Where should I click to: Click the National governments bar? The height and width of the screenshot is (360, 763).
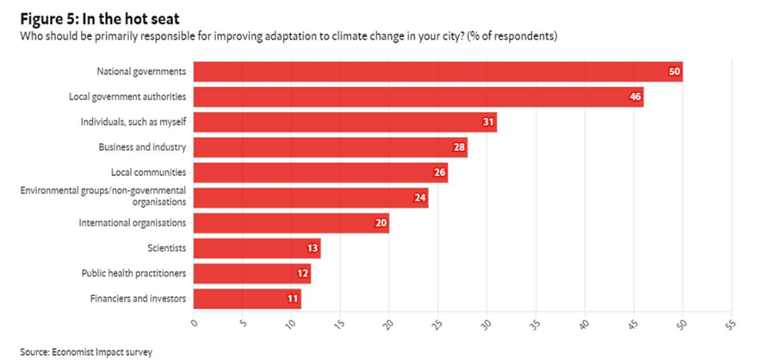(437, 71)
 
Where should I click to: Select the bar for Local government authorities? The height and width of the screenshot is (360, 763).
(419, 96)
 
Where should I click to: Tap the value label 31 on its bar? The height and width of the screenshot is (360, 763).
(488, 122)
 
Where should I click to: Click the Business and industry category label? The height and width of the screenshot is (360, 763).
(142, 147)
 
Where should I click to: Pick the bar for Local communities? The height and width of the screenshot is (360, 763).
(320, 172)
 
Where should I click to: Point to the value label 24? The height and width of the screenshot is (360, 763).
(419, 198)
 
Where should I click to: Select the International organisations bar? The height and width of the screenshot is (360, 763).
(291, 223)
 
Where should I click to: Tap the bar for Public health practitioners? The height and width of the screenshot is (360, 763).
(252, 274)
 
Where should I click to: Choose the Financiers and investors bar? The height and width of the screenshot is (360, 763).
(247, 299)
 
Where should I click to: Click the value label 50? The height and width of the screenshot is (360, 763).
(674, 71)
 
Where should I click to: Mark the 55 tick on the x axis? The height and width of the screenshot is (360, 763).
(730, 325)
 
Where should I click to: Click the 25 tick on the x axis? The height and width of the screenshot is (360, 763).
(437, 325)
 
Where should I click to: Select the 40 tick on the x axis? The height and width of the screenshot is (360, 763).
(584, 325)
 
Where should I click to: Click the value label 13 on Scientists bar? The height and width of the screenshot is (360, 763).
(312, 249)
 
